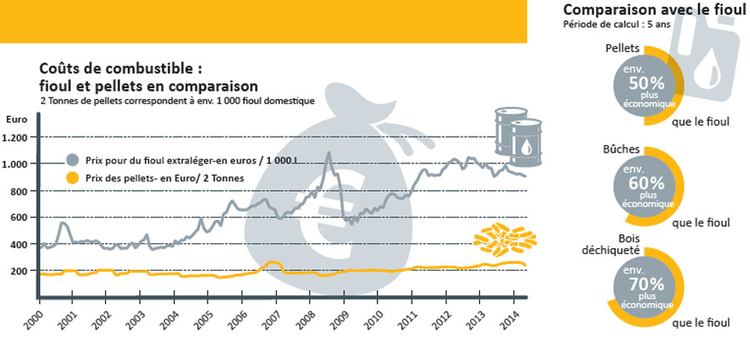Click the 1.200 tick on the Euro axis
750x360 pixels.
pyautogui.click(x=17, y=137)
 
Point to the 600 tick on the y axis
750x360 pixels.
pyautogui.click(x=20, y=217)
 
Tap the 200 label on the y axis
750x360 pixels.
pyautogui.click(x=20, y=271)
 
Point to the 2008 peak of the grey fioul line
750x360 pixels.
pyautogui.click(x=328, y=153)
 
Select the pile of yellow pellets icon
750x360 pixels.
pyautogui.click(x=502, y=241)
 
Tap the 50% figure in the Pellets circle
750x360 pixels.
pyautogui.click(x=647, y=83)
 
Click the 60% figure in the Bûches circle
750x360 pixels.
pyautogui.click(x=647, y=182)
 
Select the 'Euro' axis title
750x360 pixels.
pyautogui.click(x=16, y=120)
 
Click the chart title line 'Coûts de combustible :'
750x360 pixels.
pyautogui.click(x=121, y=68)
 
